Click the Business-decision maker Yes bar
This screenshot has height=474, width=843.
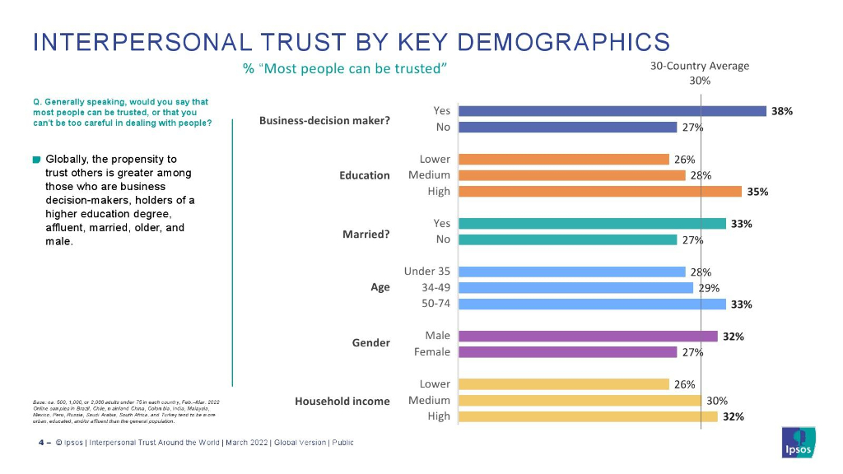(612, 111)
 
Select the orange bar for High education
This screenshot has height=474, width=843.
(600, 192)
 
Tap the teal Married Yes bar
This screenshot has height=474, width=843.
(592, 224)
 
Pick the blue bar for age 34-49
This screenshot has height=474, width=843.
(575, 288)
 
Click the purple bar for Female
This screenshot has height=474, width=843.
(567, 352)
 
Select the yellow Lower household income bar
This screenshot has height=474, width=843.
(563, 384)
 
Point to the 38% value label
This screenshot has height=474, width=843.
(781, 111)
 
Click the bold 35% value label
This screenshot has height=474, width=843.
(757, 192)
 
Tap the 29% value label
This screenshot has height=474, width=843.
(710, 288)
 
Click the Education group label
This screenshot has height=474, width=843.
(365, 175)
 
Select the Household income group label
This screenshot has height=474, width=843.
(342, 401)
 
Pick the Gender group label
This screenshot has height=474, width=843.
(370, 342)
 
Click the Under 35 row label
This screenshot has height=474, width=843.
(426, 272)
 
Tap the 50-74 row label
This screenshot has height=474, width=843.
(435, 304)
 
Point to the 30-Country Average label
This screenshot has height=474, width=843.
(700, 66)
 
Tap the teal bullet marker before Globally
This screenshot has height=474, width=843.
(37, 159)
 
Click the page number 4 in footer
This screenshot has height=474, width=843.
(41, 444)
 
